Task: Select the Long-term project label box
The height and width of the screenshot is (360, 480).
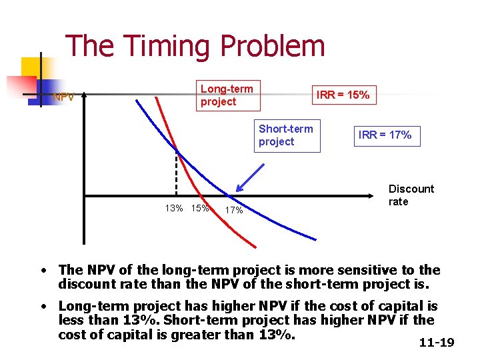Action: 227,95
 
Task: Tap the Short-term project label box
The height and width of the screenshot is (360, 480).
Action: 285,135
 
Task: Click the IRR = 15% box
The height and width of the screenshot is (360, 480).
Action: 343,95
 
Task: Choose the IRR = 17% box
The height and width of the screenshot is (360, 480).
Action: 385,135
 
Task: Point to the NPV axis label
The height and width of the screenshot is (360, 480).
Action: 64,97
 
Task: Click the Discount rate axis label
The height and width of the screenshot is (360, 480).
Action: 411,195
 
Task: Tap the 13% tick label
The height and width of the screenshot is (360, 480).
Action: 174,208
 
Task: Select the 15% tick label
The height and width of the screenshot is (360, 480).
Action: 200,208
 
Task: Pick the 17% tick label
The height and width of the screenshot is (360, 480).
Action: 233,211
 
